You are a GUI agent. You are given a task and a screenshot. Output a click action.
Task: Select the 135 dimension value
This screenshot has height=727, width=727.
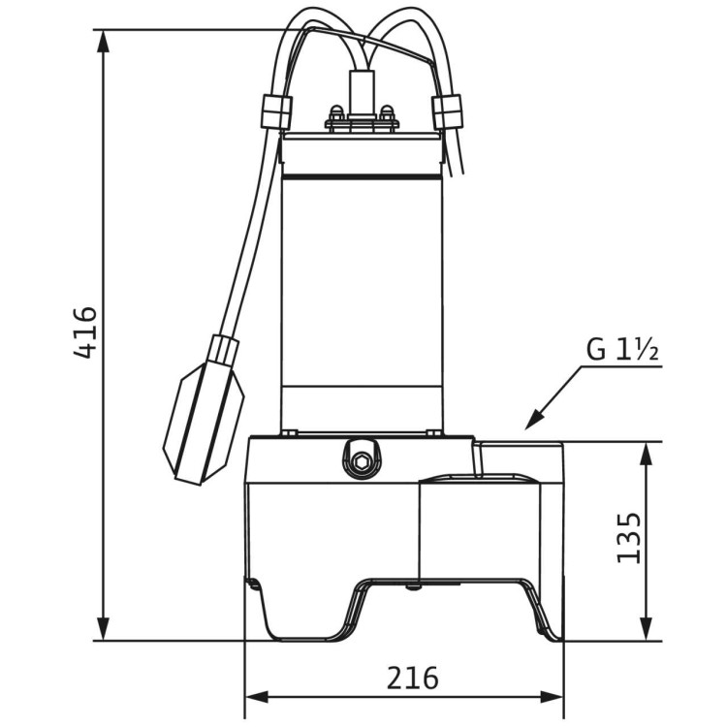click(x=628, y=537)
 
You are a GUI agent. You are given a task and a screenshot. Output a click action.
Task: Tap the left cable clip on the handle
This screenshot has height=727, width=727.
click(x=275, y=111)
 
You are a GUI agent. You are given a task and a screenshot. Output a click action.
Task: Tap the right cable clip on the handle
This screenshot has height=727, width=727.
click(x=448, y=111)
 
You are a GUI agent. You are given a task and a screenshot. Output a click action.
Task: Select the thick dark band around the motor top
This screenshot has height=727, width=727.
click(x=361, y=177)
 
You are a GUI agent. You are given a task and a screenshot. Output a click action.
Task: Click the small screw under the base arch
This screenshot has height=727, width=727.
click(x=414, y=585)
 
